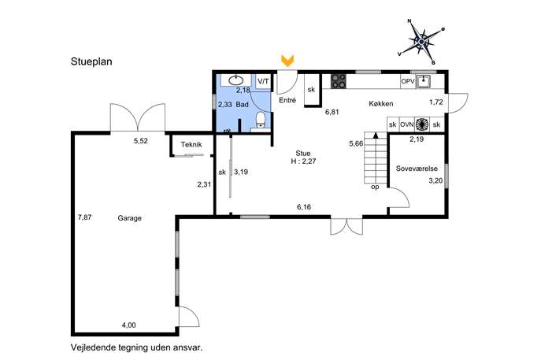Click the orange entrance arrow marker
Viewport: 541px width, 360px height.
tap(287, 61)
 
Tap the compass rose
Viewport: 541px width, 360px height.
tap(421, 42)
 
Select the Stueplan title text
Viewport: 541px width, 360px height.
tap(91, 61)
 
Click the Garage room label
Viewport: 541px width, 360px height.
tap(129, 218)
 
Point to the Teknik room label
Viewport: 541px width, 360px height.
tap(191, 145)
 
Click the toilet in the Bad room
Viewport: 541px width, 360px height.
tap(261, 120)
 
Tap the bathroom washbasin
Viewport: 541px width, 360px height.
tap(236, 80)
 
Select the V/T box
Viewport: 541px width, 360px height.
tap(263, 82)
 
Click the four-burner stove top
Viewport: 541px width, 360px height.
tap(338, 81)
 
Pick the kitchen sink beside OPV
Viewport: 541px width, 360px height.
tap(423, 82)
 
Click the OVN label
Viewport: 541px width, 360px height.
tap(407, 124)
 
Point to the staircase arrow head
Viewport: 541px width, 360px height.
tap(376, 135)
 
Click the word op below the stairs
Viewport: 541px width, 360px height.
tap(375, 187)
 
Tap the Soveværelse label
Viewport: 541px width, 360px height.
tap(417, 169)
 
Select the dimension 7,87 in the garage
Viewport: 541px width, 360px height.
tap(84, 217)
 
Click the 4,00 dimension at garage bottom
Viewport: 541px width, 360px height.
tap(128, 325)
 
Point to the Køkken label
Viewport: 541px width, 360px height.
tap(381, 103)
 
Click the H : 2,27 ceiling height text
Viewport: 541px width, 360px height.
tap(304, 161)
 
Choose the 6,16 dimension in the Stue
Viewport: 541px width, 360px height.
tap(304, 207)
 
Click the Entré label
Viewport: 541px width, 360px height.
tap(287, 101)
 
